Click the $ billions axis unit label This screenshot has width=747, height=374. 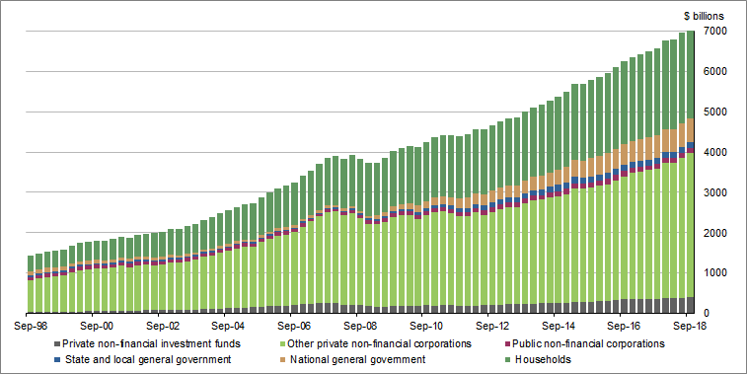click(703, 16)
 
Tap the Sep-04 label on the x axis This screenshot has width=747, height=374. click(227, 325)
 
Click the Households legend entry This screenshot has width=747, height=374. click(536, 359)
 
